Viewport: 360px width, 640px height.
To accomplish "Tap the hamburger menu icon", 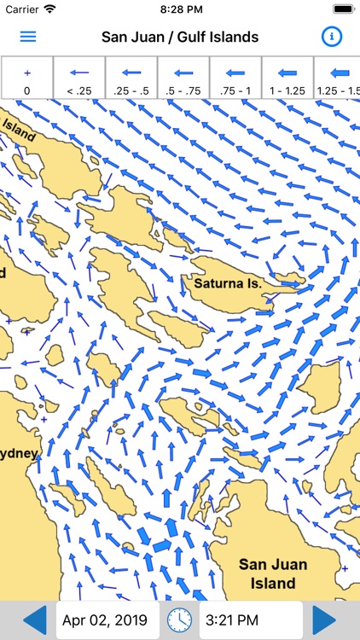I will [28, 37].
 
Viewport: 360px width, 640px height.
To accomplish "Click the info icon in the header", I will [331, 37].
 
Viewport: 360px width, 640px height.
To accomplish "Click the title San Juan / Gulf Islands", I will [180, 37].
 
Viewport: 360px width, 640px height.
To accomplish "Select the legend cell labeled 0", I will [26, 78].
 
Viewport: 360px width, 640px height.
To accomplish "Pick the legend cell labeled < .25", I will [78, 78].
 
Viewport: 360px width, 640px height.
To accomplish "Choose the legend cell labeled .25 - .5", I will [131, 78].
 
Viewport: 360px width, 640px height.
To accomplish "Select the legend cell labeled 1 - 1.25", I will [287, 78].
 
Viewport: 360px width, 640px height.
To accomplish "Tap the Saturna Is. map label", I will [229, 282].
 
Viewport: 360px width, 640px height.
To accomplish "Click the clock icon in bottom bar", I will [179, 620].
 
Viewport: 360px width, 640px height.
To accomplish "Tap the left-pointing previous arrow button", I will [33, 620].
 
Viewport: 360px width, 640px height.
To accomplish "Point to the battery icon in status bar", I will [342, 9].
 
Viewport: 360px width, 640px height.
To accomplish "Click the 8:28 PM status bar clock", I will [180, 9].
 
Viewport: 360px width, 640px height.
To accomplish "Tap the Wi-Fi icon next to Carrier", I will [49, 9].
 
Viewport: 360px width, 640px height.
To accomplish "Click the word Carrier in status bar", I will [20, 9].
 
